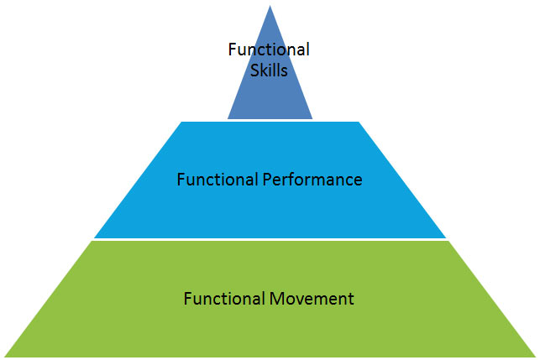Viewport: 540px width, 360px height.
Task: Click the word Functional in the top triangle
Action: (x=269, y=50)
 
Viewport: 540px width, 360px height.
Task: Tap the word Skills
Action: (x=269, y=70)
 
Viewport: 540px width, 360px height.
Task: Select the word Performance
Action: (x=312, y=180)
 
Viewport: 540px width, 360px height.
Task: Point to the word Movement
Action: (x=312, y=299)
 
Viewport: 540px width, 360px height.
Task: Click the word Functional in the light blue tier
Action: (x=218, y=180)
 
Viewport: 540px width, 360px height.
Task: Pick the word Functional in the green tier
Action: (x=224, y=299)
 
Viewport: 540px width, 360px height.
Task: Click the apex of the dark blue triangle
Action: (x=270, y=6)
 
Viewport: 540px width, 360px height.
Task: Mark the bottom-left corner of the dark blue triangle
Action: (x=228, y=119)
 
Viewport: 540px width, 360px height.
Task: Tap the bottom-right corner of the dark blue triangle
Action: (x=312, y=119)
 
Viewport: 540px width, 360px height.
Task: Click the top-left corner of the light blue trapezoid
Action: (x=181, y=122)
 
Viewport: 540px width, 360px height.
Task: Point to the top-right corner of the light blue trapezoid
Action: (x=359, y=122)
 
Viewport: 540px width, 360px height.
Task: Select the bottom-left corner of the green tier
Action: (x=4, y=357)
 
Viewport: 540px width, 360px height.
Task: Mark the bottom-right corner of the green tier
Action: (x=536, y=357)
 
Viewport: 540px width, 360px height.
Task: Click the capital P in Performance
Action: (x=267, y=180)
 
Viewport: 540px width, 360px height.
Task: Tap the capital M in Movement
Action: (x=276, y=299)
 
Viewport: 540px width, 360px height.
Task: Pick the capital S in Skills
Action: (x=254, y=70)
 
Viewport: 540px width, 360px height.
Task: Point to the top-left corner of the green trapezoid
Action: (x=92, y=241)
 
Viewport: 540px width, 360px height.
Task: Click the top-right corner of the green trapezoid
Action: (x=448, y=241)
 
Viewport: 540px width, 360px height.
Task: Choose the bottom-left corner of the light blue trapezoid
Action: (x=94, y=237)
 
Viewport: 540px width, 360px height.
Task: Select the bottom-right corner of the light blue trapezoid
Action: (x=446, y=237)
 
